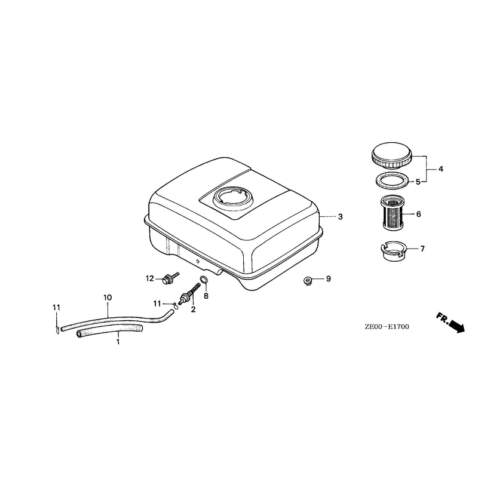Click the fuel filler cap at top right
coord(392,155)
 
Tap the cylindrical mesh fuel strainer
coord(392,213)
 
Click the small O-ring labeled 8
coord(204,279)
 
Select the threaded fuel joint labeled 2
coord(189,293)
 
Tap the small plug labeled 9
coord(307,281)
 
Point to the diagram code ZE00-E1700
coord(387,327)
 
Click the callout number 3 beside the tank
coord(340,217)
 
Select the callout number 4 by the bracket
coord(441,169)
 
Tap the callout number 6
coord(418,215)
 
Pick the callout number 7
coord(422,249)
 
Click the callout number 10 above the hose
coord(108,298)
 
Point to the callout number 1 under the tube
coord(118,342)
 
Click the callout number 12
coord(150,278)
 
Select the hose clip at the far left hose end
coord(57,329)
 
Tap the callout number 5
coord(418,182)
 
